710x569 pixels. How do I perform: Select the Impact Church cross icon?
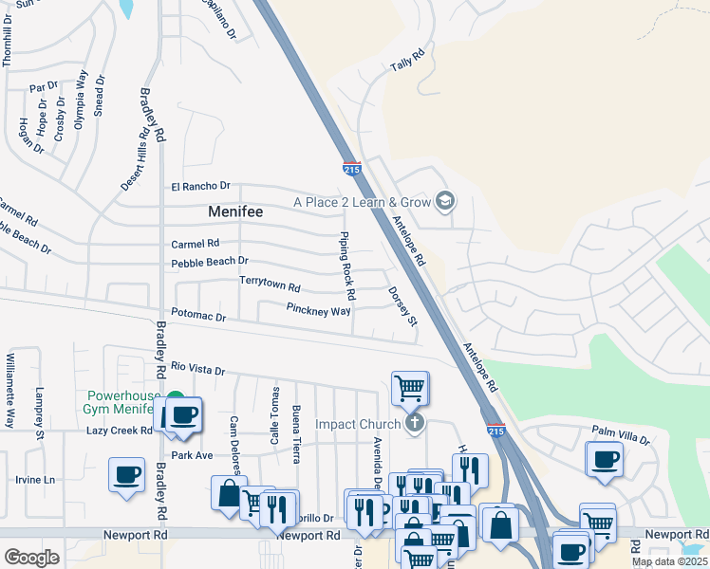pos(414,423)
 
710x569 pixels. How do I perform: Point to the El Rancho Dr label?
pos(200,186)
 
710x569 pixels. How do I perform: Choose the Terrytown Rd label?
pos(270,284)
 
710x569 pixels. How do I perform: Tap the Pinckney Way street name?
pos(318,309)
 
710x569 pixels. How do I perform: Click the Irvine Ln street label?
pos(35,480)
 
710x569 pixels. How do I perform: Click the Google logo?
pos(31,557)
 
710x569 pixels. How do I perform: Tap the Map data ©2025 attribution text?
pos(669,561)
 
